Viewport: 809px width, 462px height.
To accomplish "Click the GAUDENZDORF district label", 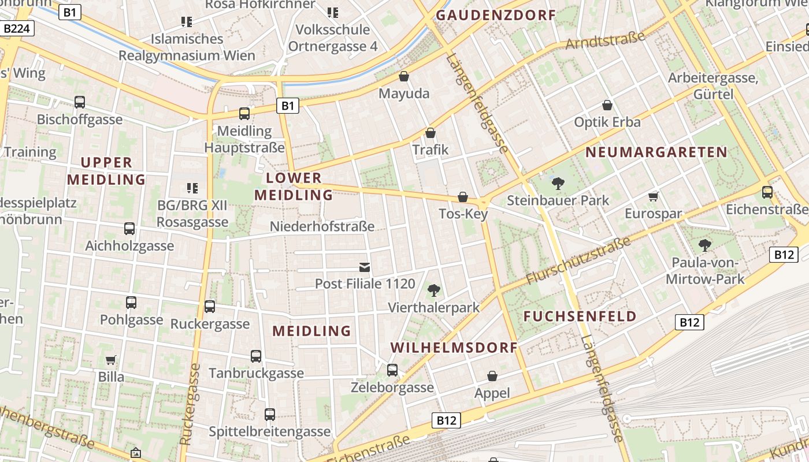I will tap(495, 16).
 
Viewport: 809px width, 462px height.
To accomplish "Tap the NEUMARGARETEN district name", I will tap(656, 152).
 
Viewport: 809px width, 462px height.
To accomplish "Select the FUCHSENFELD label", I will tap(580, 316).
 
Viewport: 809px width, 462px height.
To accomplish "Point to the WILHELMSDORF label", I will tap(454, 348).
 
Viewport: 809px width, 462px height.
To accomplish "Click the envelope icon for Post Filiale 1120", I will tap(365, 267).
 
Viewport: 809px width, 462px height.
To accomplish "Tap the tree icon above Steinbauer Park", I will tap(558, 184).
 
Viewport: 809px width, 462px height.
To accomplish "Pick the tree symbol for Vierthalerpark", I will tap(433, 290).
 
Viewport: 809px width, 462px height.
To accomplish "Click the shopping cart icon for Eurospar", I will tap(654, 197).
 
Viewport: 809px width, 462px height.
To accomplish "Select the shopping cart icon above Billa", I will tap(111, 360).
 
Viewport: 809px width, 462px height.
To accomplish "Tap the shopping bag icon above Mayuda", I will tap(404, 76).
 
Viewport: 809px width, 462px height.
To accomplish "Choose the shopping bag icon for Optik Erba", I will tap(607, 105).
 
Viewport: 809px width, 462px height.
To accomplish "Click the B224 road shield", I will tap(18, 28).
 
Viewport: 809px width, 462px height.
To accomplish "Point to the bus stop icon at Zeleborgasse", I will tap(392, 370).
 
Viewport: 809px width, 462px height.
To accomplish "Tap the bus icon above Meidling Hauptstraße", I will tap(244, 114).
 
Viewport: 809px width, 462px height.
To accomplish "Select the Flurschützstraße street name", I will tap(578, 261).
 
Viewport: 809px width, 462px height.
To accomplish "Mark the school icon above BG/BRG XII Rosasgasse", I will tap(192, 188).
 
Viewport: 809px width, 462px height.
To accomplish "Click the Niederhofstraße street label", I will tap(322, 226).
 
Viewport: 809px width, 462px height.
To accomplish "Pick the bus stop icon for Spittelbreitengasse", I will tap(270, 414).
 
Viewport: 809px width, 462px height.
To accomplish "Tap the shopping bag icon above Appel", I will tap(492, 377).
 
